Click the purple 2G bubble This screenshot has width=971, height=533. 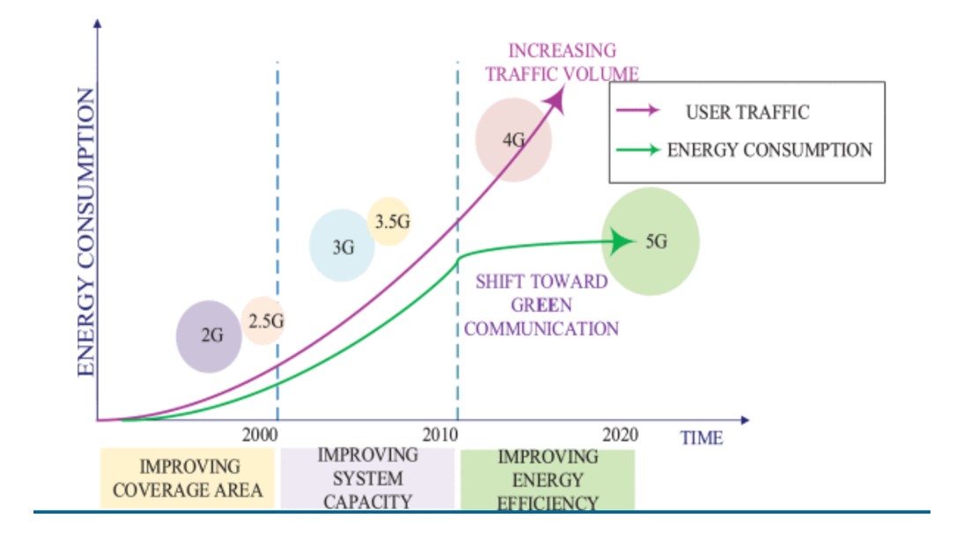click(209, 336)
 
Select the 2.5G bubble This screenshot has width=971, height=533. click(264, 322)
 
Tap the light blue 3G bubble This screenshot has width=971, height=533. click(342, 246)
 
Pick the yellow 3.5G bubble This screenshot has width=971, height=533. click(390, 221)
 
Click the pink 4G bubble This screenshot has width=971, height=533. click(514, 140)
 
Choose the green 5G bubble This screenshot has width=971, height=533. click(656, 241)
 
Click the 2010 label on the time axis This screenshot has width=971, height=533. click(441, 435)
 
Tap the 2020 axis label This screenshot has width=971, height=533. click(619, 435)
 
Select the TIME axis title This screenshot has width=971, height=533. click(701, 438)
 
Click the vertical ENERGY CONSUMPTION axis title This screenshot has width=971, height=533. click(86, 233)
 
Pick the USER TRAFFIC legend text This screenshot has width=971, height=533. click(746, 112)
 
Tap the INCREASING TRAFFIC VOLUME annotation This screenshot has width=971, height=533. click(562, 62)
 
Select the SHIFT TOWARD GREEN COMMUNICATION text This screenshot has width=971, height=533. click(541, 306)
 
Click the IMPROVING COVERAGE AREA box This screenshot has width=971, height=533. click(189, 478)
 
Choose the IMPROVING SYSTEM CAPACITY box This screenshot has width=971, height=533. click(367, 478)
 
